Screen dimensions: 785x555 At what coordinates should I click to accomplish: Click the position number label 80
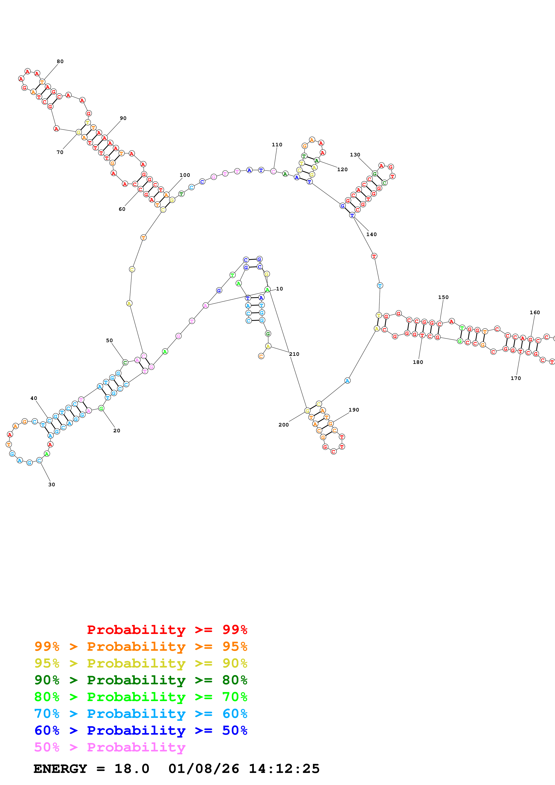click(60, 62)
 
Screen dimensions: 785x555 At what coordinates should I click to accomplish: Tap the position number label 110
click(277, 145)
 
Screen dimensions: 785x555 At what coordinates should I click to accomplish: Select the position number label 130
click(355, 155)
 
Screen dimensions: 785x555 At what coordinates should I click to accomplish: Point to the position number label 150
click(443, 297)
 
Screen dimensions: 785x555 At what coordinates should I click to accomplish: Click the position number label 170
click(516, 378)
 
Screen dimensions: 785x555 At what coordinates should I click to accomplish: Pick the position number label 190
click(354, 410)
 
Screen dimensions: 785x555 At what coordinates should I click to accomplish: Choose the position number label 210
click(294, 354)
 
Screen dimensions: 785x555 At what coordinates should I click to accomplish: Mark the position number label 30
click(52, 484)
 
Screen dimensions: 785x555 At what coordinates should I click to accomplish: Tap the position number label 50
click(109, 341)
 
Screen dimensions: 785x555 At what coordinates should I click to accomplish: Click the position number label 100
click(185, 175)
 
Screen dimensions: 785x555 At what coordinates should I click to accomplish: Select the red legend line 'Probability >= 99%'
click(167, 629)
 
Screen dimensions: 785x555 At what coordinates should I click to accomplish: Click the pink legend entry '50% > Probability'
click(110, 747)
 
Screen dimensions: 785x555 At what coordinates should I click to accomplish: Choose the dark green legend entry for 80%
click(141, 680)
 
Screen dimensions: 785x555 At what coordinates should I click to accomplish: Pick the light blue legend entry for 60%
click(141, 714)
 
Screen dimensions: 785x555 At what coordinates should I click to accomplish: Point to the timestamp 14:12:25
click(284, 769)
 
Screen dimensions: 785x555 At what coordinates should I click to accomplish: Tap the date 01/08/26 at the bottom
click(204, 769)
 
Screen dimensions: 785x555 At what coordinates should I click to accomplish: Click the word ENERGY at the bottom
click(60, 769)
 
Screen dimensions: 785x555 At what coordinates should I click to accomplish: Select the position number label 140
click(371, 235)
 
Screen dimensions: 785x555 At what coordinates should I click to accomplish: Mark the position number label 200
click(283, 425)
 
